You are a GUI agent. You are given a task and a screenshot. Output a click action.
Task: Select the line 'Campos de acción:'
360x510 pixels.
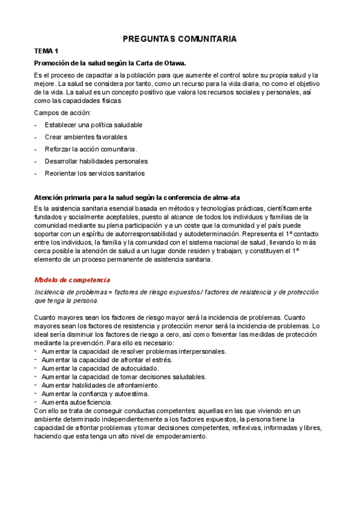[x=63, y=113]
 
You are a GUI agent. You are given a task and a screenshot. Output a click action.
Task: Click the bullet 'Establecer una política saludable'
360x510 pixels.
[x=93, y=125]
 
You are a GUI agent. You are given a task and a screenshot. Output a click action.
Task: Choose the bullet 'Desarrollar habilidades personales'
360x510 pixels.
[x=96, y=161]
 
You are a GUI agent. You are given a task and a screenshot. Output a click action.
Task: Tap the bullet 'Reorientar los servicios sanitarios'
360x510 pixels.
[x=94, y=173]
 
